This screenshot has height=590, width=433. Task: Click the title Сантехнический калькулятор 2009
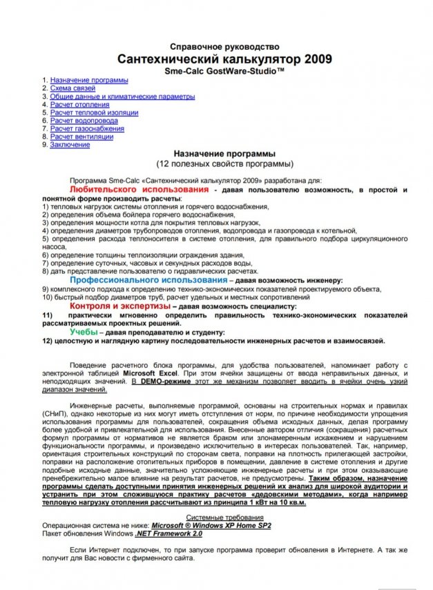pyautogui.click(x=224, y=59)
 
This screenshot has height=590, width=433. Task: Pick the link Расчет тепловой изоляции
pyautogui.click(x=94, y=112)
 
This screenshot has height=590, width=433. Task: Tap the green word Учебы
pyautogui.click(x=83, y=332)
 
